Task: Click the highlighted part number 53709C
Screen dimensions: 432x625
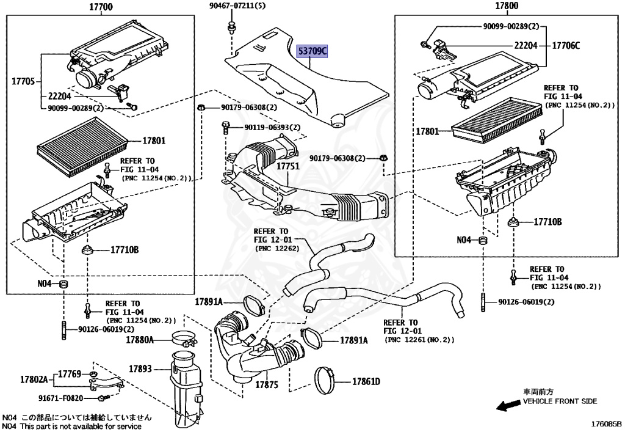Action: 312,52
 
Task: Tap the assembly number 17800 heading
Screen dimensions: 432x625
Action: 506,7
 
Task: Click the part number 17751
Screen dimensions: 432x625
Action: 287,166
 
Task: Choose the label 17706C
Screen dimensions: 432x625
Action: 566,46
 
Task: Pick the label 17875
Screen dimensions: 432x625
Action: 267,385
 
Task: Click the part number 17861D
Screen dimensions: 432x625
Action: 366,382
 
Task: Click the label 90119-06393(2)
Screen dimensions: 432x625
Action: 272,128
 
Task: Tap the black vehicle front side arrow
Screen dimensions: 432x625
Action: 507,405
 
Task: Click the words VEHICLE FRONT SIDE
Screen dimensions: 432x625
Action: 560,401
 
